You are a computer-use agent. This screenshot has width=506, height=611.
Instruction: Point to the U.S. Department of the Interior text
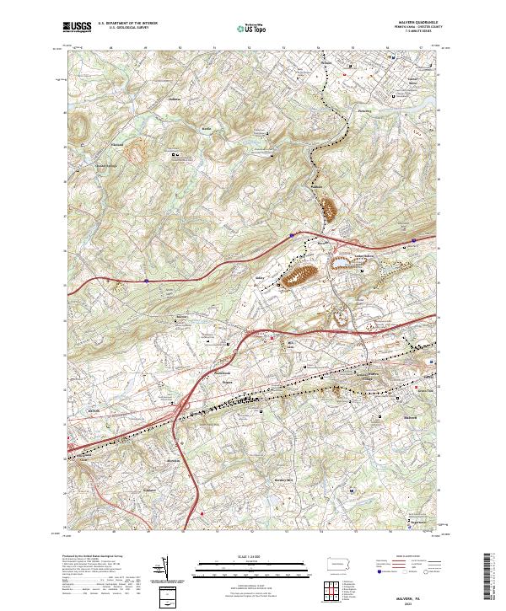click(x=127, y=24)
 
